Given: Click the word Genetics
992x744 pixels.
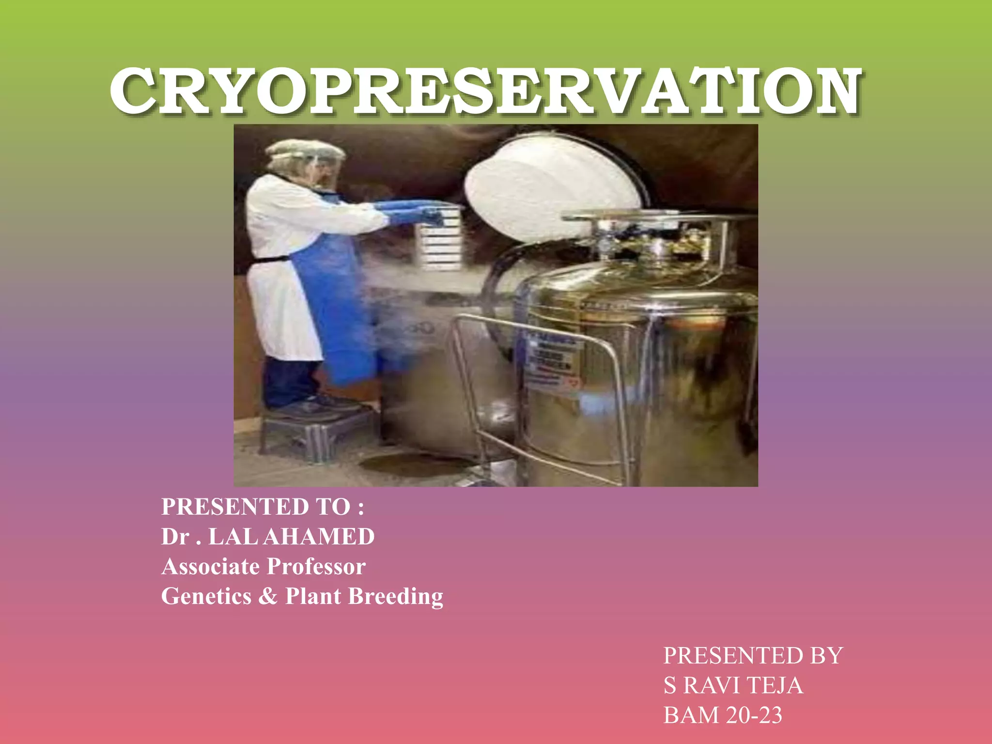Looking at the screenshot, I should point(206,596).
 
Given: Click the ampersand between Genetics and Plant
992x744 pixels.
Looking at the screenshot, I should point(268,596).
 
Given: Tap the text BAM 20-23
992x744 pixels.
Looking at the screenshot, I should point(723,715).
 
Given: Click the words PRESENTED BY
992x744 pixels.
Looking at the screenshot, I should point(753,656).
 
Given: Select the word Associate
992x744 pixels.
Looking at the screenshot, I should point(211,566).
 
